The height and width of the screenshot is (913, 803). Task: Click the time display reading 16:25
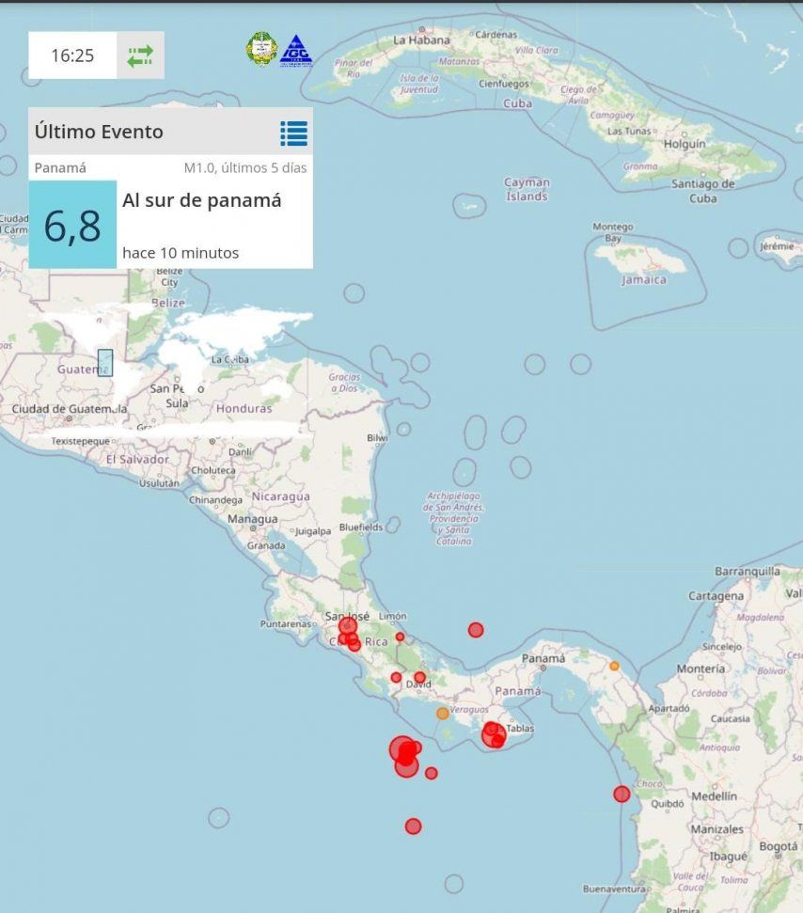tap(72, 55)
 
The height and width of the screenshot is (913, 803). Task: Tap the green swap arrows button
tap(140, 55)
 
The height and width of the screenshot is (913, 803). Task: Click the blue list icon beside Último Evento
tap(293, 134)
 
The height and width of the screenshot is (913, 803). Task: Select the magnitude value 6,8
tap(72, 226)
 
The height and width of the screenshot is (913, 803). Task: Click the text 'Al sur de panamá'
tap(201, 200)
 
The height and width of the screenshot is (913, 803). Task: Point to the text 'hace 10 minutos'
tap(181, 253)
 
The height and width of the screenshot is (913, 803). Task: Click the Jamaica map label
tap(644, 279)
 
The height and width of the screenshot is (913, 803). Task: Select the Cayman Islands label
tap(527, 189)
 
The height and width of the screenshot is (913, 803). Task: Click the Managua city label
tap(252, 519)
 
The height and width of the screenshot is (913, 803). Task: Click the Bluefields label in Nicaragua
tap(362, 527)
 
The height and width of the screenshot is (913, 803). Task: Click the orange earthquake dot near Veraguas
tap(443, 714)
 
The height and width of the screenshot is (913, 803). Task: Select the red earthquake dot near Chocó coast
tap(622, 795)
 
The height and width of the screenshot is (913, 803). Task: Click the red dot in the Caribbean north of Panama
tap(476, 630)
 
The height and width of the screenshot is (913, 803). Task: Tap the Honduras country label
tap(244, 409)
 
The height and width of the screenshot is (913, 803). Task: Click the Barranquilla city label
tap(748, 571)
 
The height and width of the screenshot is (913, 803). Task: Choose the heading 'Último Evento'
tap(99, 133)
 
